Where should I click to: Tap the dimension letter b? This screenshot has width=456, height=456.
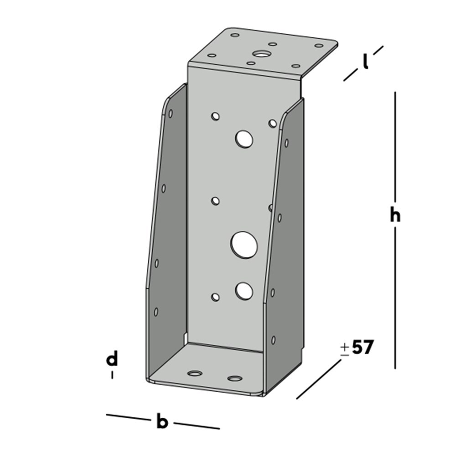[162, 422]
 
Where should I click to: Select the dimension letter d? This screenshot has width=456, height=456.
[112, 359]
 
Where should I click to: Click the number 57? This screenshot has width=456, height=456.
[363, 348]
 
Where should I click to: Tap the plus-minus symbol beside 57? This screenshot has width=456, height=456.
[345, 349]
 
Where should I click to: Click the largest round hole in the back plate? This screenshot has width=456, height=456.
[244, 244]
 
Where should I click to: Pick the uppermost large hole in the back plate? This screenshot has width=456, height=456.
[244, 139]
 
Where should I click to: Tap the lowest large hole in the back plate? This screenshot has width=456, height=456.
[244, 290]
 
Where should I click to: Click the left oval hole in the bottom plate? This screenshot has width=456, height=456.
[195, 373]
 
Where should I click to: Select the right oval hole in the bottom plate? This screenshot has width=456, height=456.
[235, 378]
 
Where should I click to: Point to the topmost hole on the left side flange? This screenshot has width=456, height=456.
[170, 113]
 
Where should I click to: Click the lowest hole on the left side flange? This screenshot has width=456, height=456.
[156, 312]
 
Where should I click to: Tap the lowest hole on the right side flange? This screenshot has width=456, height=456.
[274, 340]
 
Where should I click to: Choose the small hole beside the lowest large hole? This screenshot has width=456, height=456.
[215, 297]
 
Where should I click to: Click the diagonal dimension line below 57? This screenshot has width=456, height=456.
[319, 379]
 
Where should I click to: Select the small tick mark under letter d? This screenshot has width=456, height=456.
[112, 375]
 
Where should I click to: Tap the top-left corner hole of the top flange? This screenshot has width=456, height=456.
[234, 35]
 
